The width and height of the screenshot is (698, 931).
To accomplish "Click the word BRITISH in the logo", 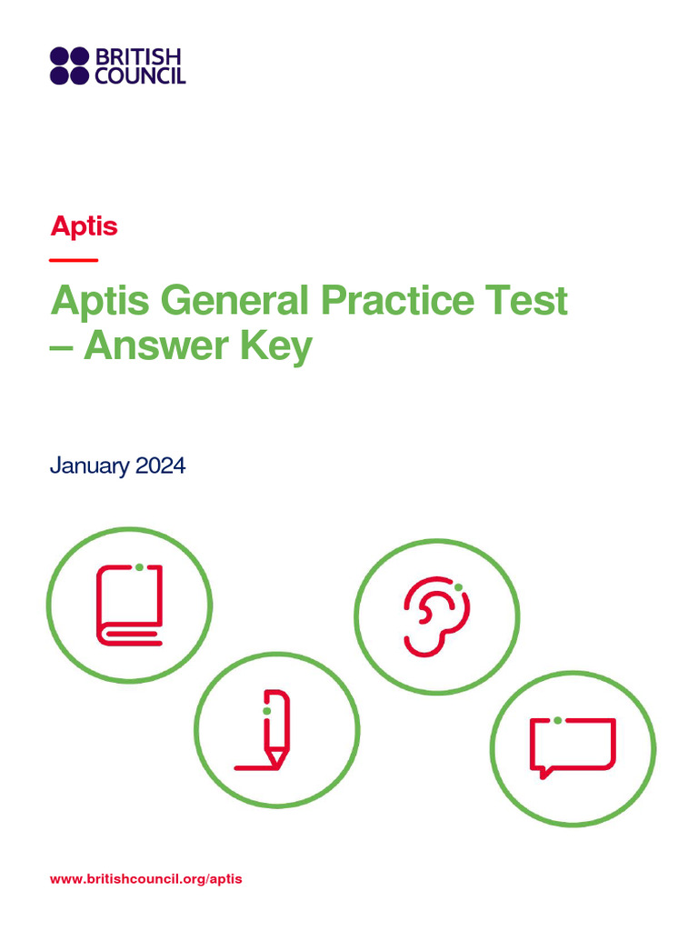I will click(139, 57).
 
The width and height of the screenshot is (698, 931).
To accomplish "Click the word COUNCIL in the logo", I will click(139, 75).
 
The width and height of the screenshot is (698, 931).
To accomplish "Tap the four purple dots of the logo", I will click(69, 65).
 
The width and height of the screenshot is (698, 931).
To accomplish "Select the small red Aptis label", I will click(85, 225).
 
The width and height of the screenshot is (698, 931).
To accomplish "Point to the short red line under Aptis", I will click(74, 261).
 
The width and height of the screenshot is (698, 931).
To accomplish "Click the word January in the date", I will click(89, 466).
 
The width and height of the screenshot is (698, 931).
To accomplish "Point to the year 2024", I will click(161, 466).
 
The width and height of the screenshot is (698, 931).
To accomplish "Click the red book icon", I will click(129, 605).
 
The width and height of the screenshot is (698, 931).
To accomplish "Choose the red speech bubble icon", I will click(573, 746).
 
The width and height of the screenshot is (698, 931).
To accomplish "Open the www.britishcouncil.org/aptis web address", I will click(146, 879).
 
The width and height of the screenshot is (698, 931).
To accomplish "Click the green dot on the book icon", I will click(139, 567).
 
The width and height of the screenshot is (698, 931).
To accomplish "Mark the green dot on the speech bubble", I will click(557, 720).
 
